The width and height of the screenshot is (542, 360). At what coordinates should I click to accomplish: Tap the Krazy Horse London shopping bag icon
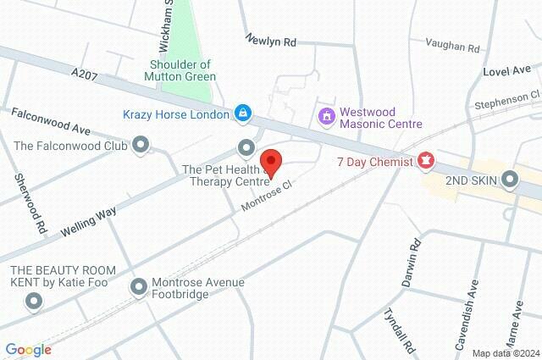pos(243,114)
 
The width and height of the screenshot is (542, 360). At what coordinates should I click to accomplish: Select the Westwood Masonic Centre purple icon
pos(325,114)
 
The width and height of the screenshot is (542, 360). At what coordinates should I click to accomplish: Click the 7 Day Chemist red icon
pos(426,160)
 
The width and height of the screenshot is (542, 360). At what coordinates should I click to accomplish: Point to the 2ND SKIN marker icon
pos(510,179)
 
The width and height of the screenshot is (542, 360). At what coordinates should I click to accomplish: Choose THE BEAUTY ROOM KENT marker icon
pos(34,301)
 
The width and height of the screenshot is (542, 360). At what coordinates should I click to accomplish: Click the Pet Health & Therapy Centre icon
pos(246,147)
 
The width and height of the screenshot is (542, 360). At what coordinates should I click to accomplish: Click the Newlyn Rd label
pos(272,40)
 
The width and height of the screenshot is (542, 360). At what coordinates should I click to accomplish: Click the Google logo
pos(28,349)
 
